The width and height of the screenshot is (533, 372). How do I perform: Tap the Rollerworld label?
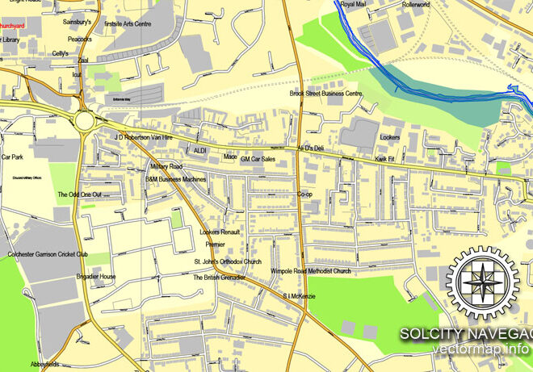pos(417,5)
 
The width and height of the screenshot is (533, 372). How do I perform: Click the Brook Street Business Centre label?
pos(326,94)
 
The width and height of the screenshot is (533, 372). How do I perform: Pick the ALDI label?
pos(200,151)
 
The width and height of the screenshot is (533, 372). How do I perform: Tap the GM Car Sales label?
pos(258,159)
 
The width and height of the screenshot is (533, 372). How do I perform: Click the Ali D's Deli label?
pos(310,148)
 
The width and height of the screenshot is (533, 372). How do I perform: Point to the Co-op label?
pos(304,194)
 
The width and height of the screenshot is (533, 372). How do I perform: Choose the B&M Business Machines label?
pos(175,179)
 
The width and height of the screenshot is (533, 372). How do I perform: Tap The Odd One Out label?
pos(79,195)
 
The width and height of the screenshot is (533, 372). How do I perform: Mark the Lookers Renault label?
pos(219,232)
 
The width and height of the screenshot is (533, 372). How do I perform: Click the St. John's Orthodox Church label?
pos(227,262)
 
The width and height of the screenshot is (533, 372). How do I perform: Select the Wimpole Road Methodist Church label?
pos(311,271)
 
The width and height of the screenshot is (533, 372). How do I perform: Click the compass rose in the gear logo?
pos(485,283)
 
